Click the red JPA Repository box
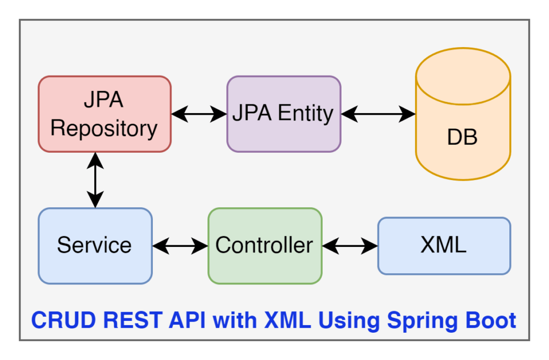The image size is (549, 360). point(105,114)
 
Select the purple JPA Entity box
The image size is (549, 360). point(284,114)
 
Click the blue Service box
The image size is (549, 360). point(95,245)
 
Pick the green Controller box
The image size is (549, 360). point(265,245)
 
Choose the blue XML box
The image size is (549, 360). point(444,245)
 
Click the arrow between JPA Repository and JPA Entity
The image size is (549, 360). point(199,114)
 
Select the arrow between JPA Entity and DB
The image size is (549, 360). point(379,114)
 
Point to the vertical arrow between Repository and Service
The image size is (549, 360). point(95,180)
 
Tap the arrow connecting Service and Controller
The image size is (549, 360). point(180,246)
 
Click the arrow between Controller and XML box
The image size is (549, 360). point(350,246)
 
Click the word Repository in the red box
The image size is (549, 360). point(104,129)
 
